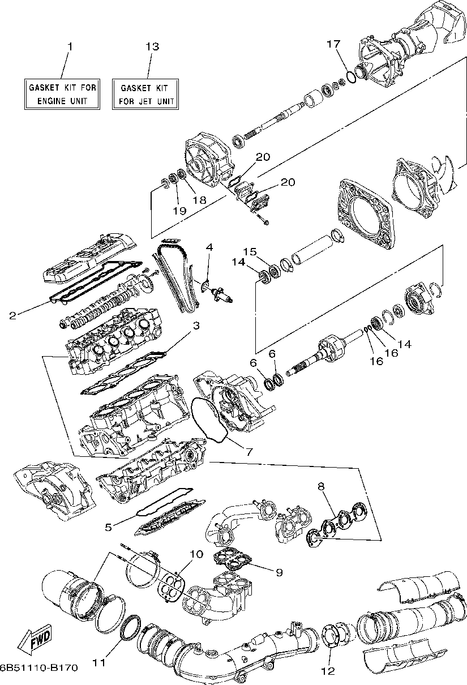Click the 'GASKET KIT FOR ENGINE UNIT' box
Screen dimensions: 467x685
coord(63,94)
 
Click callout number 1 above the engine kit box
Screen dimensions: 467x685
coord(70,46)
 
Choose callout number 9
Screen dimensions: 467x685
coord(279,572)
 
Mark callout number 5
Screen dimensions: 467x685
coord(108,526)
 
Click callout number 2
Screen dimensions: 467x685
coord(12,315)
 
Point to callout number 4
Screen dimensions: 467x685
coord(209,247)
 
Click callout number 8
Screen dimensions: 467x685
coord(321,486)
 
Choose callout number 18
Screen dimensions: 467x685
coord(199,200)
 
